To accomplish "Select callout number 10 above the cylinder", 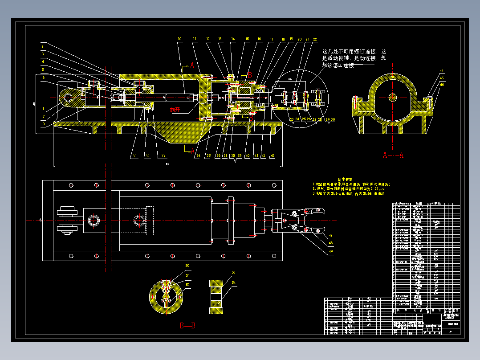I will (179, 39).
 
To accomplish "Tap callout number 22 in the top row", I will (315, 39).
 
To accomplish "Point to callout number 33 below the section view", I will (163, 156).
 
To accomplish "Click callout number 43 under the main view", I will (272, 156).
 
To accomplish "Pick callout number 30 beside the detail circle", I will (333, 120).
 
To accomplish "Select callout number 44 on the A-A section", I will (441, 70).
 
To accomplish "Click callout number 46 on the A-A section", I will (441, 84).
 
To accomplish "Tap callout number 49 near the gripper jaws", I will (330, 251).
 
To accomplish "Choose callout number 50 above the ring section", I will (187, 266).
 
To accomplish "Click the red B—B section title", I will (187, 326).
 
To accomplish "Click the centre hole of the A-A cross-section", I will (392, 97).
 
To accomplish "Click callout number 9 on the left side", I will (43, 124).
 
